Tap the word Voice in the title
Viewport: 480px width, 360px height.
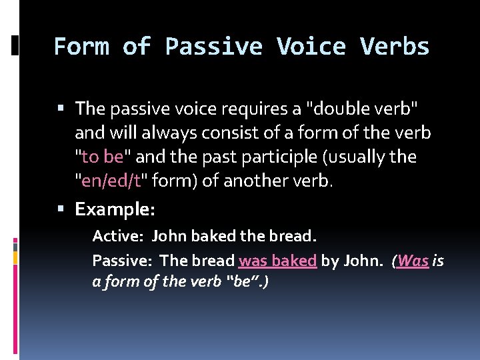311,47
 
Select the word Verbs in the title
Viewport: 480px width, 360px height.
395,47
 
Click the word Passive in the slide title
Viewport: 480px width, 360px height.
214,47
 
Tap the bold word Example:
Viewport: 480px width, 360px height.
115,209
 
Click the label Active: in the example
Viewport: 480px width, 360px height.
117,236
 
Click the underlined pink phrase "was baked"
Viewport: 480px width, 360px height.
277,261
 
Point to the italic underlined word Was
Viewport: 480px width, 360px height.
413,261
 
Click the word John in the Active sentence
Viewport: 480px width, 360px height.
169,236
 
